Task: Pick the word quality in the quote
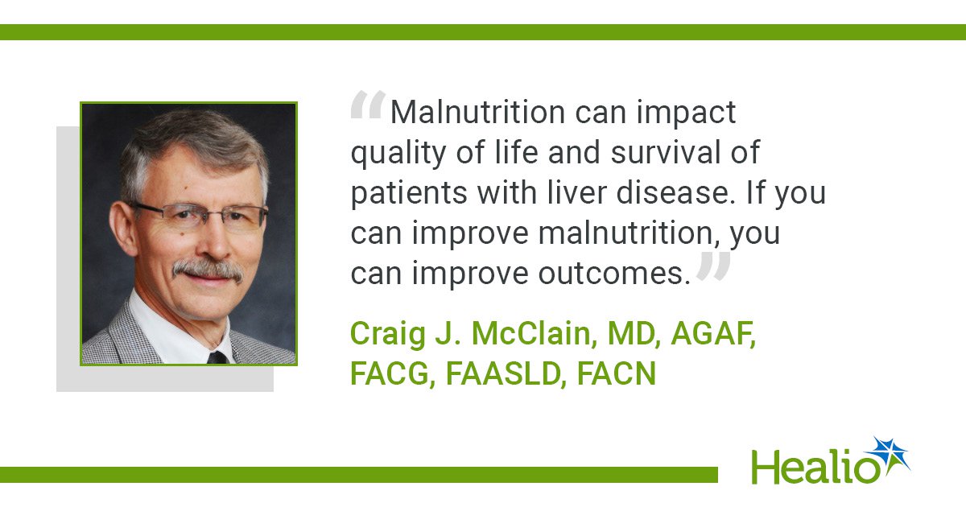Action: click(x=398, y=154)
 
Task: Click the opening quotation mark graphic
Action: click(x=368, y=104)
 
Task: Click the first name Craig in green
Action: click(x=388, y=335)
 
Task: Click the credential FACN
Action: click(x=617, y=373)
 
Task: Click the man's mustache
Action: click(x=208, y=270)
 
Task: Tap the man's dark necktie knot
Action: click(x=217, y=357)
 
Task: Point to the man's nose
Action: click(x=218, y=242)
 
